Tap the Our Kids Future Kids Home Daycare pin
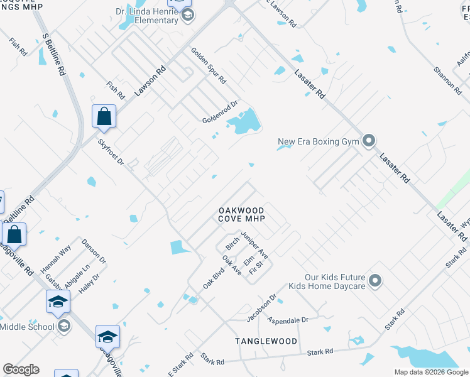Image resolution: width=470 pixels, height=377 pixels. pyautogui.click(x=376, y=280)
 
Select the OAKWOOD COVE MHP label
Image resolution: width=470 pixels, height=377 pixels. pyautogui.click(x=242, y=214)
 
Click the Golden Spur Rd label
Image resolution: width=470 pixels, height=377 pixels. pyautogui.click(x=209, y=68)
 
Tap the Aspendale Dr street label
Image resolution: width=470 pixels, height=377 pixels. pyautogui.click(x=288, y=320)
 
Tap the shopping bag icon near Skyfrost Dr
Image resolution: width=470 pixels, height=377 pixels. pyautogui.click(x=104, y=116)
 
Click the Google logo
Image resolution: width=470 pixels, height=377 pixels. pyautogui.click(x=21, y=369)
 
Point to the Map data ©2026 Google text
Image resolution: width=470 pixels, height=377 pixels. pyautogui.click(x=432, y=372)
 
